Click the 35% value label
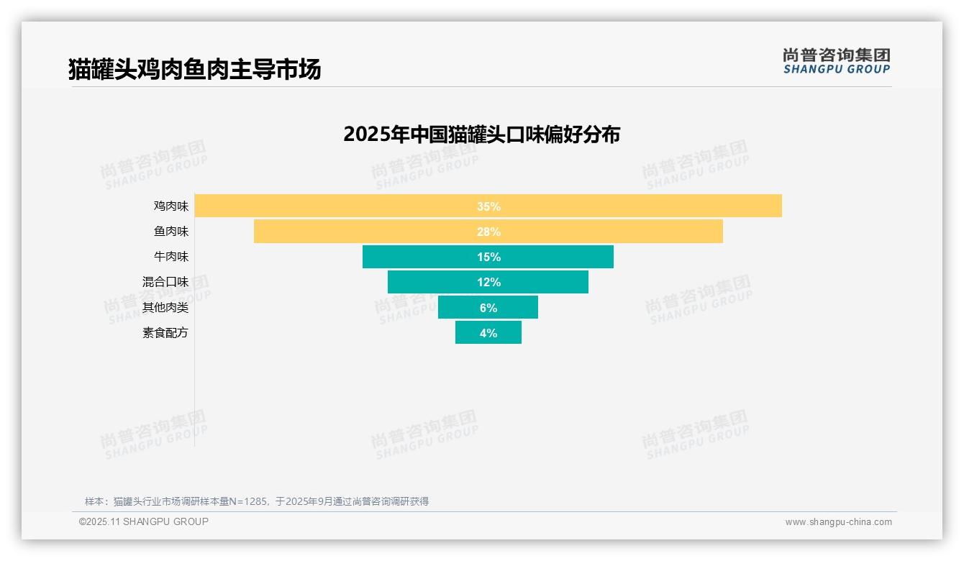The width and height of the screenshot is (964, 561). (x=488, y=206)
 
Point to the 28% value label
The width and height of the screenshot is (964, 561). (x=488, y=232)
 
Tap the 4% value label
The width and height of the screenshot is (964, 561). (x=488, y=333)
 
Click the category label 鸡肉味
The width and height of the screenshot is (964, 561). (x=170, y=206)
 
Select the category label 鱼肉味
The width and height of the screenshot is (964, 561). (x=170, y=232)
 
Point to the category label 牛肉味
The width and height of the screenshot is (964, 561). (x=170, y=257)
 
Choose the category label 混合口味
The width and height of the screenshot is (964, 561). (x=165, y=282)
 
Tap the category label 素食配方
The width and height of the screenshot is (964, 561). (x=165, y=333)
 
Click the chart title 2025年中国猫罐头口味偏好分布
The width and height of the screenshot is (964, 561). (x=481, y=134)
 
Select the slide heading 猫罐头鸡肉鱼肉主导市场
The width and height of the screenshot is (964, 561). (x=194, y=70)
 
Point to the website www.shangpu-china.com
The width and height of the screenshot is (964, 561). (x=838, y=522)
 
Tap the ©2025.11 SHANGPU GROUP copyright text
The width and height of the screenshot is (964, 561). (x=144, y=521)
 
